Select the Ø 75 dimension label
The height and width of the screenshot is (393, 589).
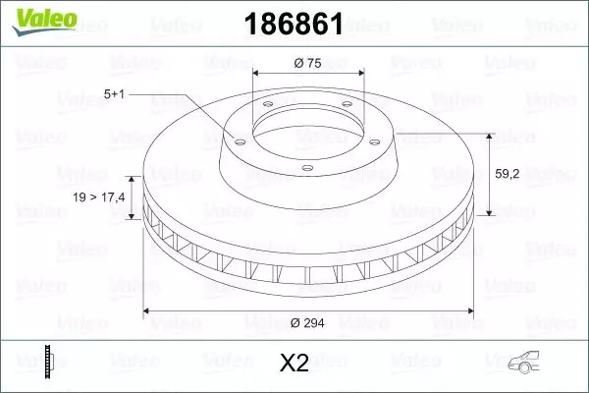tap(309, 64)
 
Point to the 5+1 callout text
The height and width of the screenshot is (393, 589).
tap(114, 94)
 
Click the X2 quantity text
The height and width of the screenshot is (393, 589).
tap(294, 363)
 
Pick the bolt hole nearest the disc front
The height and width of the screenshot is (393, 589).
tap(308, 169)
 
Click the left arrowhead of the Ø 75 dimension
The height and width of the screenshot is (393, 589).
tap(257, 74)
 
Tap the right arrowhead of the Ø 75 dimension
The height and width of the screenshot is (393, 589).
tap(361, 74)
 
